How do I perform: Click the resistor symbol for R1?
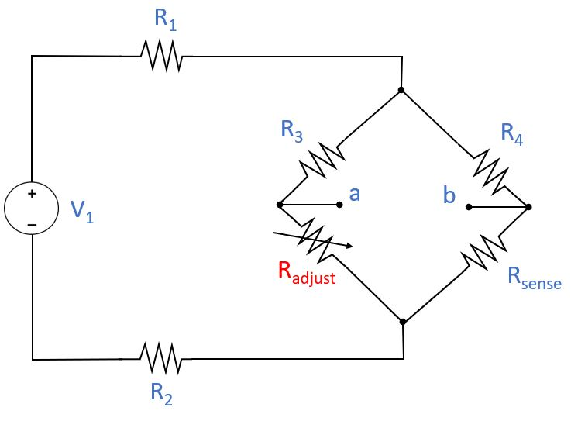click(160, 56)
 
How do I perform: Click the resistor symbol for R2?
click(160, 359)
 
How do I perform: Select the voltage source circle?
click(31, 209)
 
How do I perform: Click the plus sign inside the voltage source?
click(32, 195)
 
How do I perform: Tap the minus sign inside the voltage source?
click(32, 224)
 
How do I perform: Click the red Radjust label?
click(306, 272)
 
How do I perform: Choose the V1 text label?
click(82, 212)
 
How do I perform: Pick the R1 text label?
click(165, 21)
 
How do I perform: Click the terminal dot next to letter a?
click(340, 205)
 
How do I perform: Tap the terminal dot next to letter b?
click(469, 207)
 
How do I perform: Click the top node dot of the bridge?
click(401, 90)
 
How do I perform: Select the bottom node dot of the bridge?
click(401, 320)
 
